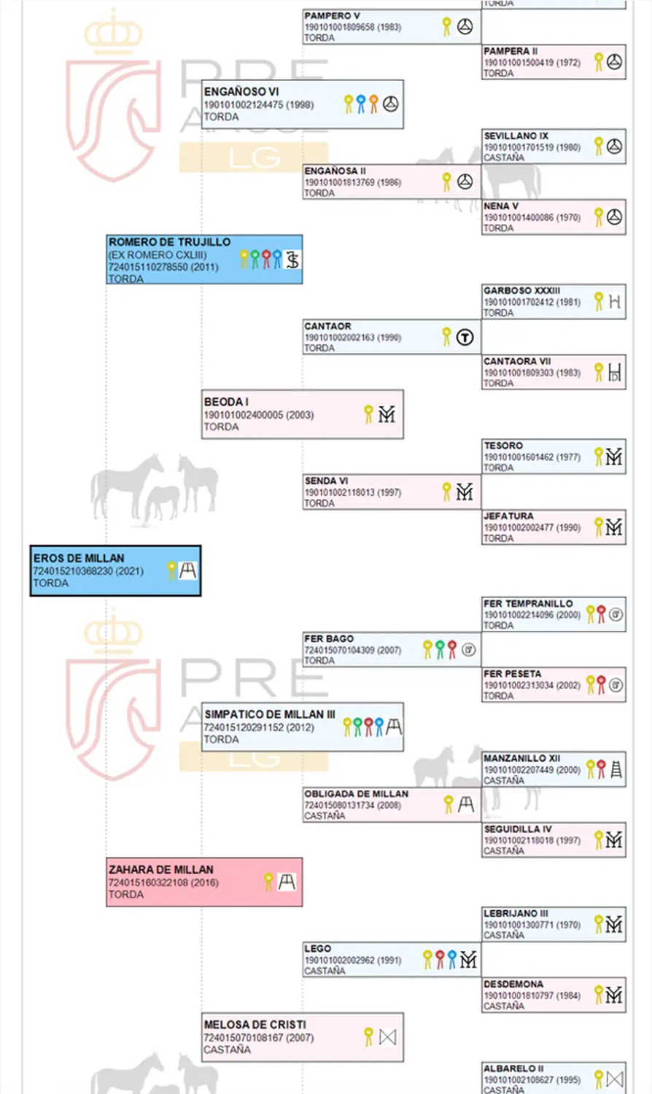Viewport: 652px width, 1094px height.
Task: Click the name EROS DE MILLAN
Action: click(x=79, y=559)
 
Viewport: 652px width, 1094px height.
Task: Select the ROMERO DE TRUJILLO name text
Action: click(x=169, y=242)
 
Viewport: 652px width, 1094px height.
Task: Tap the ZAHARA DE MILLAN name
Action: click(x=161, y=869)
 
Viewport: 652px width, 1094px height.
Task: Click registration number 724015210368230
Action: click(x=78, y=571)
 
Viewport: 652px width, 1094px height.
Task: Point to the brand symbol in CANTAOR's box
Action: click(x=465, y=337)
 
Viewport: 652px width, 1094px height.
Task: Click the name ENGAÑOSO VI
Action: click(x=241, y=92)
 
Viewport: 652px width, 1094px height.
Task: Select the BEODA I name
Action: click(x=226, y=402)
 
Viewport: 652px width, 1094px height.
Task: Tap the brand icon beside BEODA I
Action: click(x=387, y=414)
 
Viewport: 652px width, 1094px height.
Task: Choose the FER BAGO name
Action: click(x=329, y=638)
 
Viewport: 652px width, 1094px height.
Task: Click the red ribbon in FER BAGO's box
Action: click(x=452, y=649)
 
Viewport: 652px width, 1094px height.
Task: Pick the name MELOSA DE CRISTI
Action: click(x=255, y=1025)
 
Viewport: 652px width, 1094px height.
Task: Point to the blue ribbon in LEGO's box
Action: click(x=452, y=959)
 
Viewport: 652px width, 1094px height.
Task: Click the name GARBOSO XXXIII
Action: click(x=522, y=290)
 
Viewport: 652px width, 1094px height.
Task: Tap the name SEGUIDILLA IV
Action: click(x=518, y=829)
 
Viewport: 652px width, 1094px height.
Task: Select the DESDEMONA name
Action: click(x=513, y=984)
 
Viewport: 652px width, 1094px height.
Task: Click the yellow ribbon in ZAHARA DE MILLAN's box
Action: click(x=269, y=882)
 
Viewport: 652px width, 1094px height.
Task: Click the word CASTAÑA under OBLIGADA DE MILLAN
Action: click(x=325, y=816)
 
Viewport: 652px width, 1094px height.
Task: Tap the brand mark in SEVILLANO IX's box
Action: click(x=615, y=147)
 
